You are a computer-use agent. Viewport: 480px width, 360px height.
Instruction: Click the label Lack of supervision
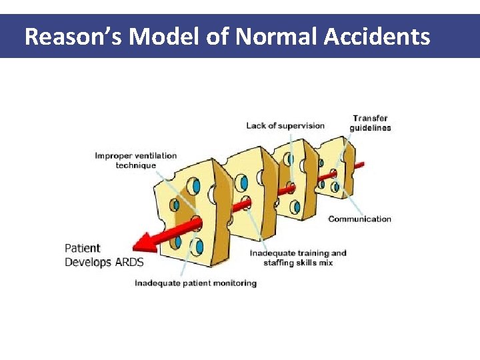[285, 125]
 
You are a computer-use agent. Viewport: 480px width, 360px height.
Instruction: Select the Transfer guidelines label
[371, 123]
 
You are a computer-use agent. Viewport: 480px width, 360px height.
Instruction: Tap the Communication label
[359, 219]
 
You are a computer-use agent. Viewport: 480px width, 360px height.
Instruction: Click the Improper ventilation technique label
[136, 161]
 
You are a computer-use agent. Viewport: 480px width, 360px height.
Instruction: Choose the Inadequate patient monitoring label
[195, 283]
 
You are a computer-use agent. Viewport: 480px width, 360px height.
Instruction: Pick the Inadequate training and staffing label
[298, 258]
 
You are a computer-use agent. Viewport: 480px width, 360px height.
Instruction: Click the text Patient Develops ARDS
[104, 255]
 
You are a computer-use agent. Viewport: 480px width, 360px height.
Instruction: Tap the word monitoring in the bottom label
[234, 283]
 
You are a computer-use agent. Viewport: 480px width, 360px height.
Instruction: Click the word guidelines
[371, 128]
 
